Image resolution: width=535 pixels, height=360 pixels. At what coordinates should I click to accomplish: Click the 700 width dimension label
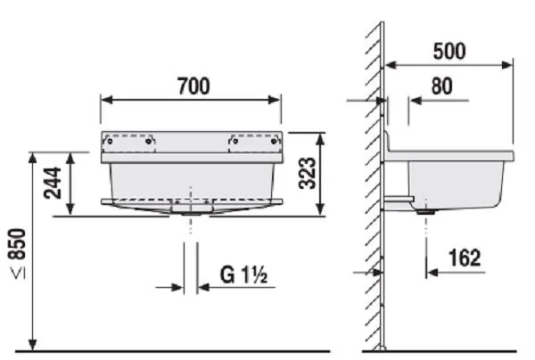pos(192,86)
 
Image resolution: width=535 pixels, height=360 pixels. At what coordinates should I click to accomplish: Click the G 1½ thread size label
pos(240,275)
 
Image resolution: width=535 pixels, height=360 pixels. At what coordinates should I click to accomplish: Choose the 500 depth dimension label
pos(451,51)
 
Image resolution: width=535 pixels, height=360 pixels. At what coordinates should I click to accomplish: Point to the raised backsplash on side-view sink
pos(389,142)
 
